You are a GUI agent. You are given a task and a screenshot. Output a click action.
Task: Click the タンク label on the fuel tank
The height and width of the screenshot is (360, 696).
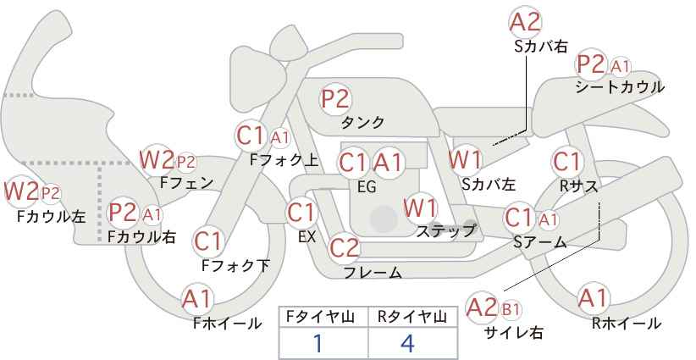click(362, 122)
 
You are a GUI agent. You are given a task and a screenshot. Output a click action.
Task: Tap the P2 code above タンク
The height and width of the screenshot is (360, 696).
click(335, 98)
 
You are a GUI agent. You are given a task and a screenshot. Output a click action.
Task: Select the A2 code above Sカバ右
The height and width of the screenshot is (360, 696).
click(526, 22)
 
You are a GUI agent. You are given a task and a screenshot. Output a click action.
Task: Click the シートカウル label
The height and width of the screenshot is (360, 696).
click(620, 87)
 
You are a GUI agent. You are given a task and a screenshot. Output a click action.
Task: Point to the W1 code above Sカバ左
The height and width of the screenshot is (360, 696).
click(465, 160)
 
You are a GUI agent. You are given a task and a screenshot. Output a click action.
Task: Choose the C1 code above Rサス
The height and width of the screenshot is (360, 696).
click(566, 162)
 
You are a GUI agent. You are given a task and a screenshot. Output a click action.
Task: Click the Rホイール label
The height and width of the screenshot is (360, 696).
click(627, 324)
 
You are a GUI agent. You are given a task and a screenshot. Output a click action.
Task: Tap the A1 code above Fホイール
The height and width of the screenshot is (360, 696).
click(196, 299)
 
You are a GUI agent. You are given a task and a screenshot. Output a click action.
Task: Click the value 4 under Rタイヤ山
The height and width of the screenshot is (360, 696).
click(406, 343)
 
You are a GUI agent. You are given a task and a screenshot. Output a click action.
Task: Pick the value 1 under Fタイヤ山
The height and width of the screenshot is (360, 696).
click(318, 343)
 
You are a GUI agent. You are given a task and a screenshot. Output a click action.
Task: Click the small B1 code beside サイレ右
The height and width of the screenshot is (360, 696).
click(511, 309)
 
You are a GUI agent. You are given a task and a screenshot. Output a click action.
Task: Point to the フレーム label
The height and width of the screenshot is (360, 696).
click(373, 273)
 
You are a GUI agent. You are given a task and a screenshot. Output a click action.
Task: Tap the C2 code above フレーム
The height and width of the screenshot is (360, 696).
click(345, 247)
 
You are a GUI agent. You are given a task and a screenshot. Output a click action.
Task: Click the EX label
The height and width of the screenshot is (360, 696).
click(307, 236)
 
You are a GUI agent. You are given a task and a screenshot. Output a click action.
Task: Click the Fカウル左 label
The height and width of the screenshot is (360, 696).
click(51, 216)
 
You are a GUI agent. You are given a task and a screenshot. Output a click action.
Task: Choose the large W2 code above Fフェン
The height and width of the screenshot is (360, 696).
click(157, 160)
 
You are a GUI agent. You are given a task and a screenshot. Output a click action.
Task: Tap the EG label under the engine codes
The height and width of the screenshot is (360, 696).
click(367, 187)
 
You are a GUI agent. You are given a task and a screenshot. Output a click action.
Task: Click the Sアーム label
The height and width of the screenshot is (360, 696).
click(539, 242)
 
